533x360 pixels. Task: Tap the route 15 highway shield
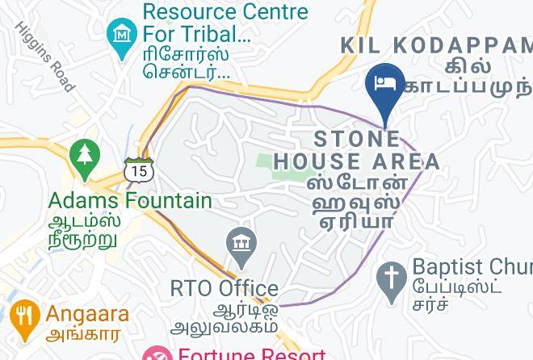point(137,170)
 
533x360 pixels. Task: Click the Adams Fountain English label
point(130,200)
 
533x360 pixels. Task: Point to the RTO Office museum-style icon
point(241,245)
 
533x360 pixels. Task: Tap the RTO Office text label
point(225,288)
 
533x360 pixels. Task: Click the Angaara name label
point(87,314)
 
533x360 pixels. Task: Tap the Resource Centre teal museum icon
point(122,35)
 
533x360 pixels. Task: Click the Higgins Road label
point(45,56)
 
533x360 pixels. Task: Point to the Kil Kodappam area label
point(436,45)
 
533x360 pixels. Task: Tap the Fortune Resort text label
point(252,354)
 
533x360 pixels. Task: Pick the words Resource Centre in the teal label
point(225,12)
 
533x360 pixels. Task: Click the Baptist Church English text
point(472,266)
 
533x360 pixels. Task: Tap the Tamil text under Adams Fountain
point(84,230)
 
